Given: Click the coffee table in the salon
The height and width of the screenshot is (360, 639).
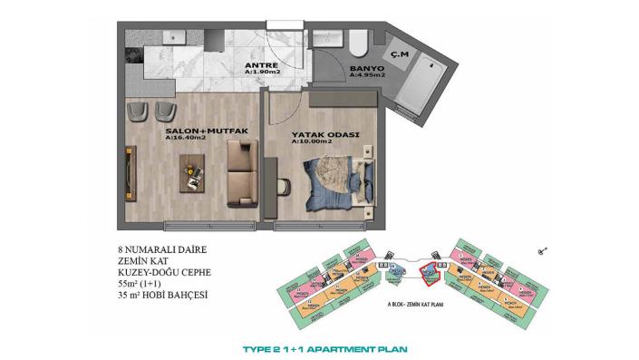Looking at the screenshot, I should (193, 170).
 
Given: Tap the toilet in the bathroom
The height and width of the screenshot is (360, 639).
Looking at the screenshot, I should (357, 41).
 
